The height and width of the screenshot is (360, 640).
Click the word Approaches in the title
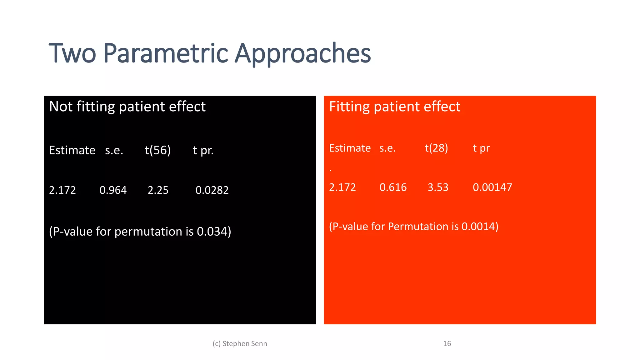(x=302, y=54)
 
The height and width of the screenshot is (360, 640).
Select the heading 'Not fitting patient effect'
(x=127, y=107)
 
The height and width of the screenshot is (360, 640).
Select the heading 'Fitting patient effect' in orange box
(x=394, y=107)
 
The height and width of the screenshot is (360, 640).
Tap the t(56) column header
(x=158, y=150)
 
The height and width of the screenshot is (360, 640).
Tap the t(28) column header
(x=436, y=148)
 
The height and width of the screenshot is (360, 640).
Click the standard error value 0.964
(x=113, y=190)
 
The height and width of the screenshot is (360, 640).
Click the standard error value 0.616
(x=393, y=187)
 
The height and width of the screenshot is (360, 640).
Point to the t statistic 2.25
(x=158, y=190)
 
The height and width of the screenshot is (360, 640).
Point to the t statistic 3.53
(x=438, y=187)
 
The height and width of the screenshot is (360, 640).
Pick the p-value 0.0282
(x=212, y=190)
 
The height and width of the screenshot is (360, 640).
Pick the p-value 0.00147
(x=492, y=187)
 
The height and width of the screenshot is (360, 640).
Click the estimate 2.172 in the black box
(x=62, y=190)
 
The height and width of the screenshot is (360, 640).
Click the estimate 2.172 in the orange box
(x=342, y=187)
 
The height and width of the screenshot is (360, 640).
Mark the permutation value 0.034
(x=212, y=232)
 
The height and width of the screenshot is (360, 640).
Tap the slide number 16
(x=447, y=343)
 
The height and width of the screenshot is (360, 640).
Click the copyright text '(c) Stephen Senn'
(x=240, y=343)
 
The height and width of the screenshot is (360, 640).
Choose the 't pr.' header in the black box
(x=203, y=150)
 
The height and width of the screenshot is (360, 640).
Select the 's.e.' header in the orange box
(x=387, y=148)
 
